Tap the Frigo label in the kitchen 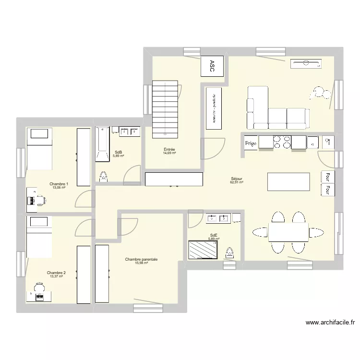pyautogui.click(x=251, y=143)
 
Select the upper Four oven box pyautogui.click(x=327, y=176)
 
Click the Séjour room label pyautogui.click(x=237, y=179)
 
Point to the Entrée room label pyautogui.click(x=169, y=149)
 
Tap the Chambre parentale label pyautogui.click(x=141, y=259)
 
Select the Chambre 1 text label pyautogui.click(x=59, y=184)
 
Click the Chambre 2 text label pyautogui.click(x=56, y=273)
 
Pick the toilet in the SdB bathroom pyautogui.click(x=103, y=177)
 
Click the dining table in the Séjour pyautogui.click(x=288, y=232)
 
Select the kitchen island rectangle pyautogui.click(x=288, y=181)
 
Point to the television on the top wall pyautogui.click(x=305, y=63)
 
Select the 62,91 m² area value pyautogui.click(x=237, y=182)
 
